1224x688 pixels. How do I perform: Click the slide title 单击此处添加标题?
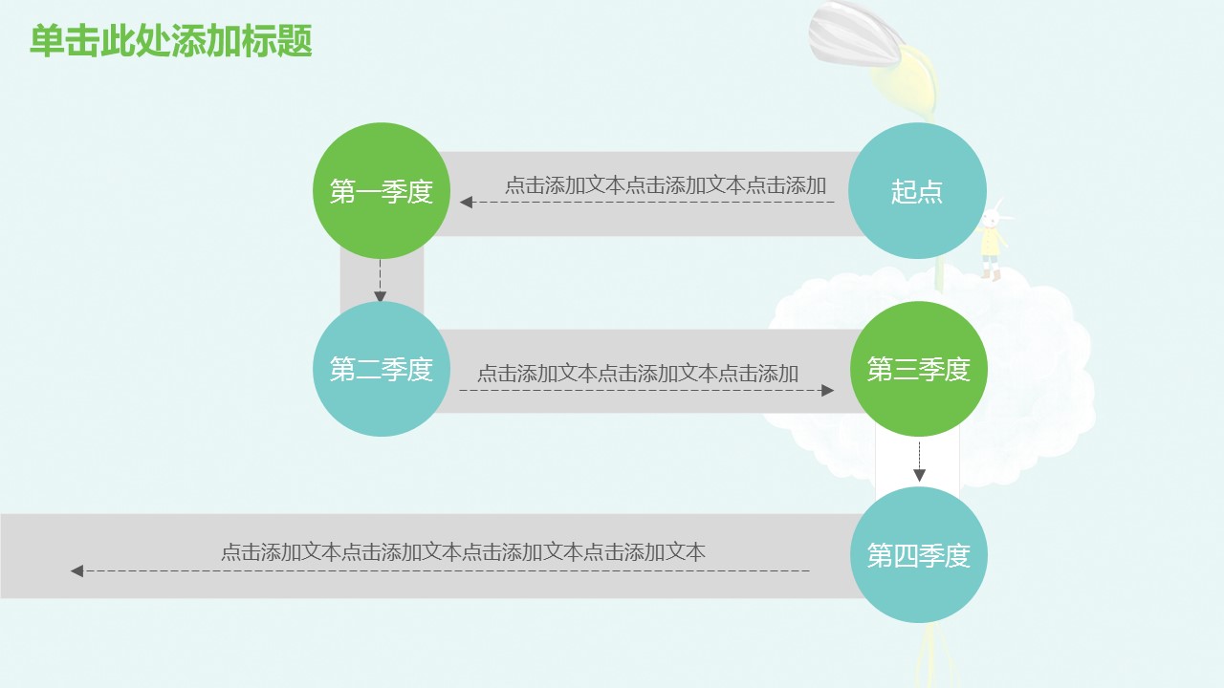(x=171, y=42)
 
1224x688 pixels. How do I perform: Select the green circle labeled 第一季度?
(x=382, y=191)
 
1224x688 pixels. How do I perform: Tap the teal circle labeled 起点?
(x=917, y=191)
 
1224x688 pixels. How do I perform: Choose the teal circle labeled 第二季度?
(x=382, y=369)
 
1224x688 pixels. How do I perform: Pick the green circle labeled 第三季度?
(x=918, y=369)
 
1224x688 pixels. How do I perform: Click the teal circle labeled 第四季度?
(x=918, y=554)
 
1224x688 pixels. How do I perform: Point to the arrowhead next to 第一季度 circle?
(x=466, y=202)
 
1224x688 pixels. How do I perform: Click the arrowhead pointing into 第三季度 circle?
(x=828, y=390)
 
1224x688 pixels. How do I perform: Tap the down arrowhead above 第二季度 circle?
(x=381, y=297)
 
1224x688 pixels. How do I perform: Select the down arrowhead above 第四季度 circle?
(x=919, y=475)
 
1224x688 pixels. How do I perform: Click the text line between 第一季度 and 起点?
(x=665, y=185)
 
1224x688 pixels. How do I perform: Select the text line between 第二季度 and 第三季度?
(x=637, y=373)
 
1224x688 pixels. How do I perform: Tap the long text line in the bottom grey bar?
(x=463, y=551)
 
